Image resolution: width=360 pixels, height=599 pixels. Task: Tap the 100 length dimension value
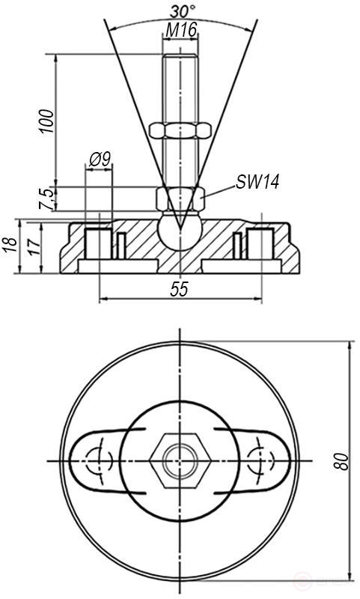point(46,120)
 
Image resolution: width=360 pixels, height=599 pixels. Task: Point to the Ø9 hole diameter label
point(100,159)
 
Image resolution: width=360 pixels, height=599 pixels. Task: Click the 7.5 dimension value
point(46,198)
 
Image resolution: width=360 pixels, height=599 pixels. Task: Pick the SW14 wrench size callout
point(257,182)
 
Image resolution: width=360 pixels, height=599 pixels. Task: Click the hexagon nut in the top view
point(180,459)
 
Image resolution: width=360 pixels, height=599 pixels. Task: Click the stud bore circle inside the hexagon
point(180,459)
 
